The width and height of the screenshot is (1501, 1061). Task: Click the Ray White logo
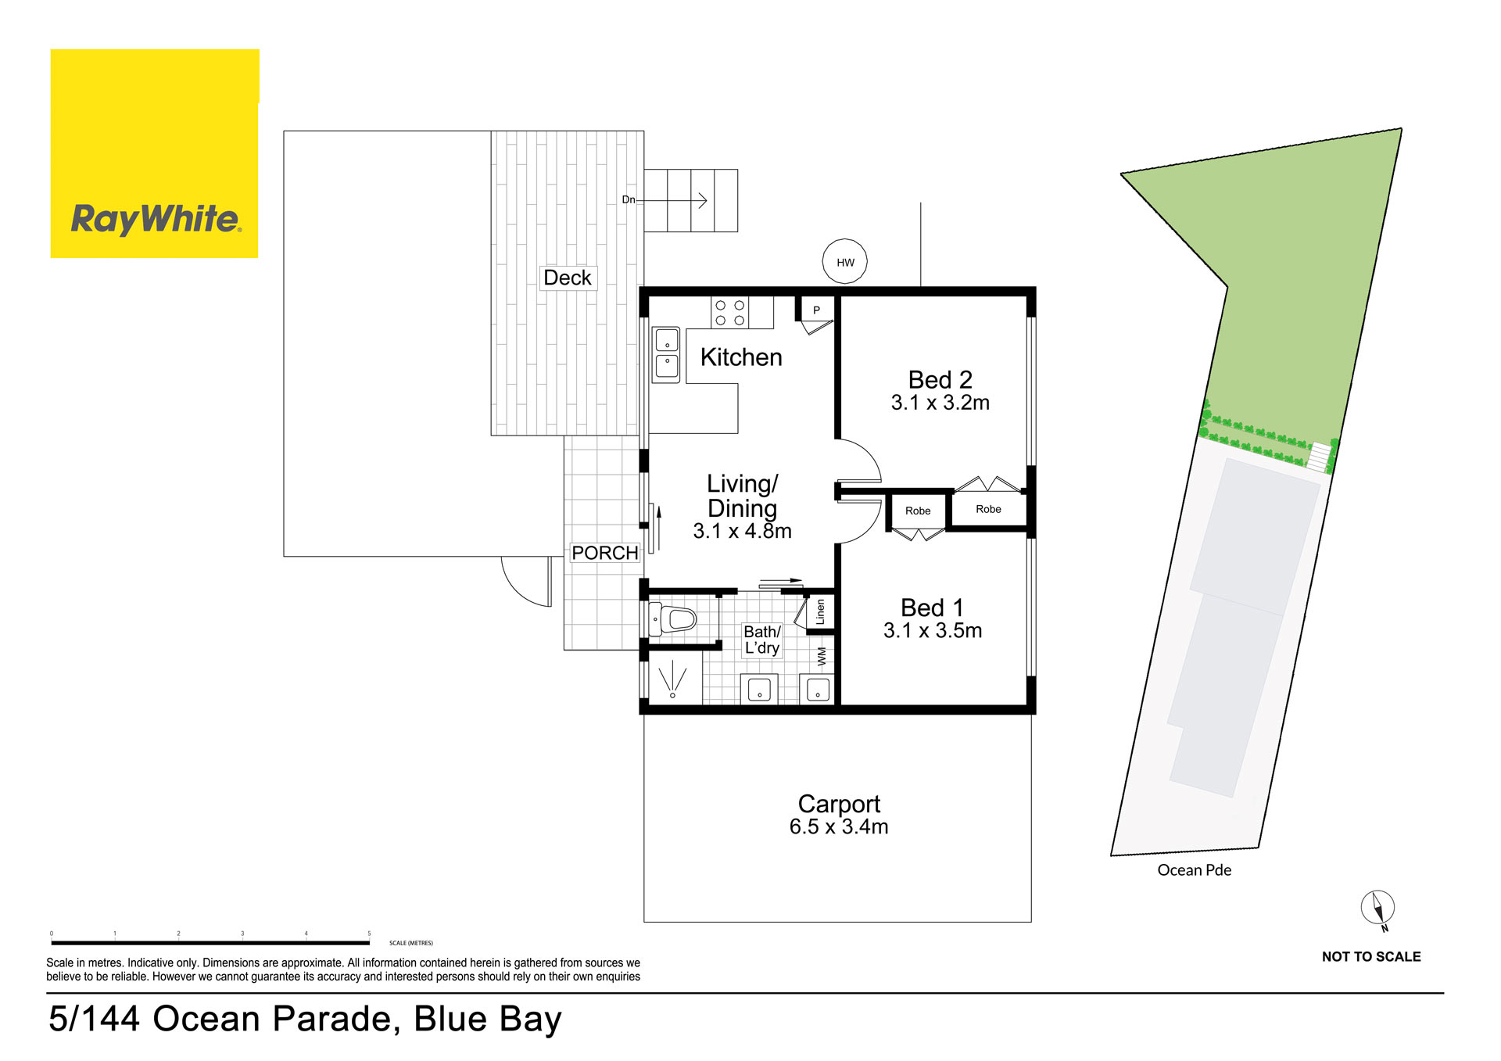(155, 154)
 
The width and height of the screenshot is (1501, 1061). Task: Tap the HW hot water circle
(845, 262)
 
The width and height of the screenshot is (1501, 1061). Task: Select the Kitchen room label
(741, 357)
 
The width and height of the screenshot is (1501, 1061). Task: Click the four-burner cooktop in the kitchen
(730, 313)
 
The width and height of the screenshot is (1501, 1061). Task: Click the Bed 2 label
(940, 380)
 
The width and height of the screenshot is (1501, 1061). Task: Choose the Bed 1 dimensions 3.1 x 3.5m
(933, 631)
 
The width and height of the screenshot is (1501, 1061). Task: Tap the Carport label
(839, 804)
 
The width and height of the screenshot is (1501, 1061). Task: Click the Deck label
(568, 278)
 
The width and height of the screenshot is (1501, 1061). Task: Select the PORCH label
(605, 553)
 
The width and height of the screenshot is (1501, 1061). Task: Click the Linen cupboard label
(820, 611)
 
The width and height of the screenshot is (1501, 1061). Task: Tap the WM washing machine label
(822, 656)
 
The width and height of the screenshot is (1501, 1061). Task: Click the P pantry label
(816, 310)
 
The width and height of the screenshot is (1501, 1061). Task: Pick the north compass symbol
(1377, 909)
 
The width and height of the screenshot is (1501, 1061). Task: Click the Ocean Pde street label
(1194, 870)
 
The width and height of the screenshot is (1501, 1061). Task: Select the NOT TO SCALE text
(1371, 956)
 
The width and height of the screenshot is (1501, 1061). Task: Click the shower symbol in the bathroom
(672, 679)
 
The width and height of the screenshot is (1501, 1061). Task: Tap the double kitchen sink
(666, 354)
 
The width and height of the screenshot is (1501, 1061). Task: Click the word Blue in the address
(451, 1019)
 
